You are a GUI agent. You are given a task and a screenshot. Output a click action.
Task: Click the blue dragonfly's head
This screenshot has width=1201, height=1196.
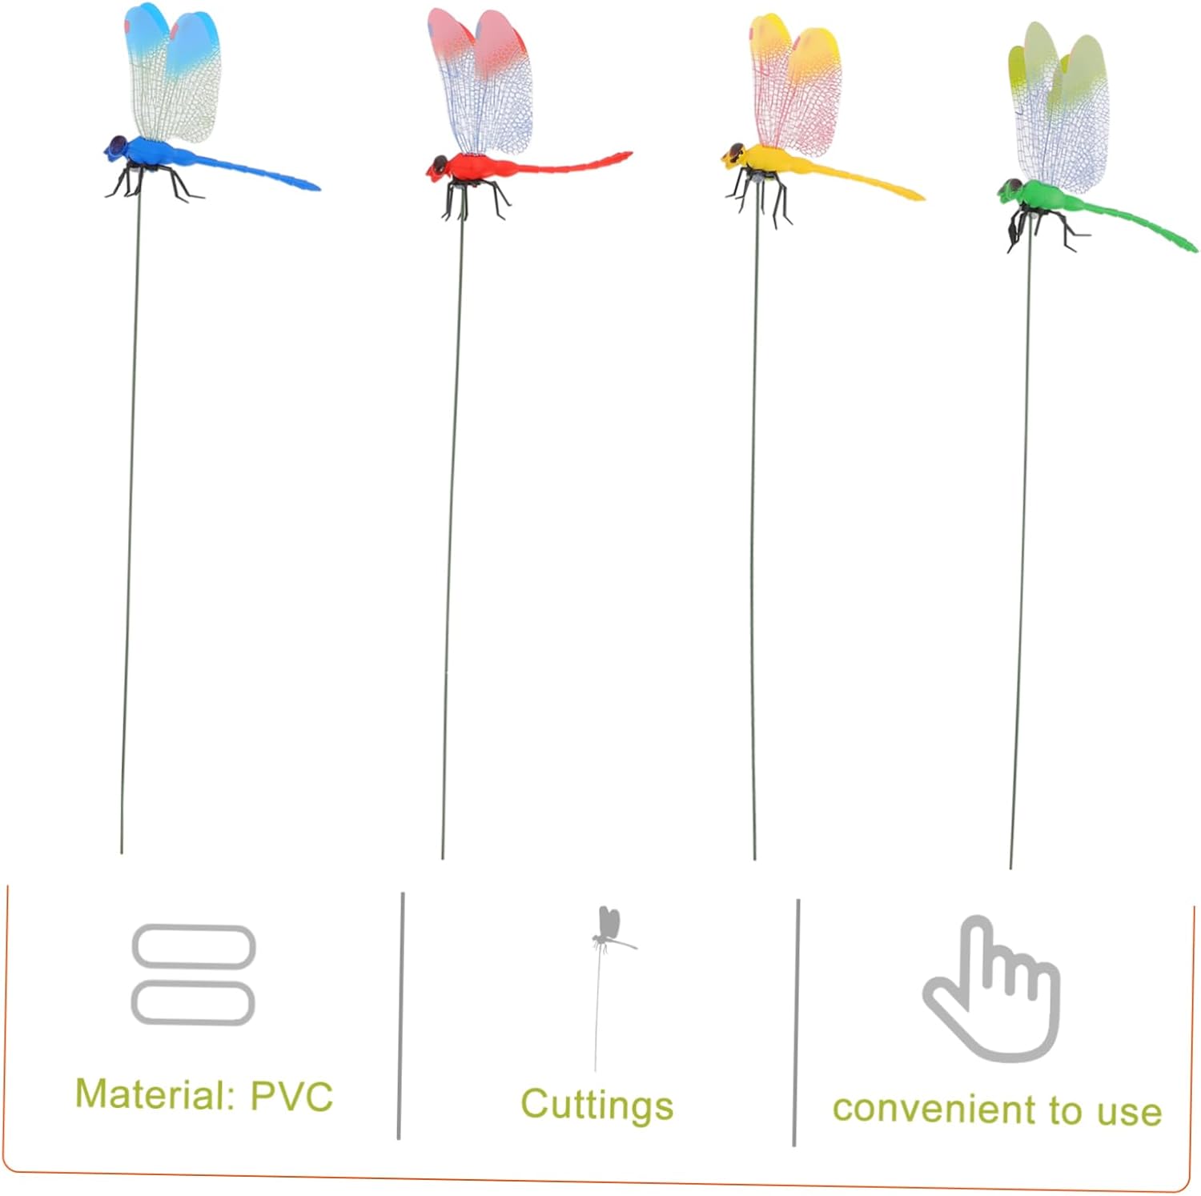117,147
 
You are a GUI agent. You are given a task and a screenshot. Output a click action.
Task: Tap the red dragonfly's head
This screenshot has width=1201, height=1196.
437,167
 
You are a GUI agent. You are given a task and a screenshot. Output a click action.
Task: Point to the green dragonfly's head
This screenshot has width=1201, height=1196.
1010,191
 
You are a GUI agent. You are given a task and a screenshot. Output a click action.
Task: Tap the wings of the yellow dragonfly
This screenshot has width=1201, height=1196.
795,84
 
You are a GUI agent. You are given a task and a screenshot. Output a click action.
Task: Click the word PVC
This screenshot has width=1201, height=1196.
291,1096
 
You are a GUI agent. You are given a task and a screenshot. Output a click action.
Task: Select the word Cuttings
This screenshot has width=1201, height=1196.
597,1105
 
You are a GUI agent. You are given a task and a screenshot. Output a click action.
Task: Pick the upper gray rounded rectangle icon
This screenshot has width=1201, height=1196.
193,946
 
